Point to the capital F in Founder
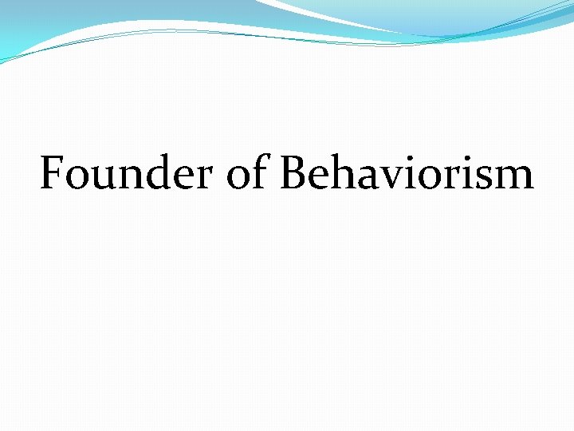pyautogui.click(x=53, y=173)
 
